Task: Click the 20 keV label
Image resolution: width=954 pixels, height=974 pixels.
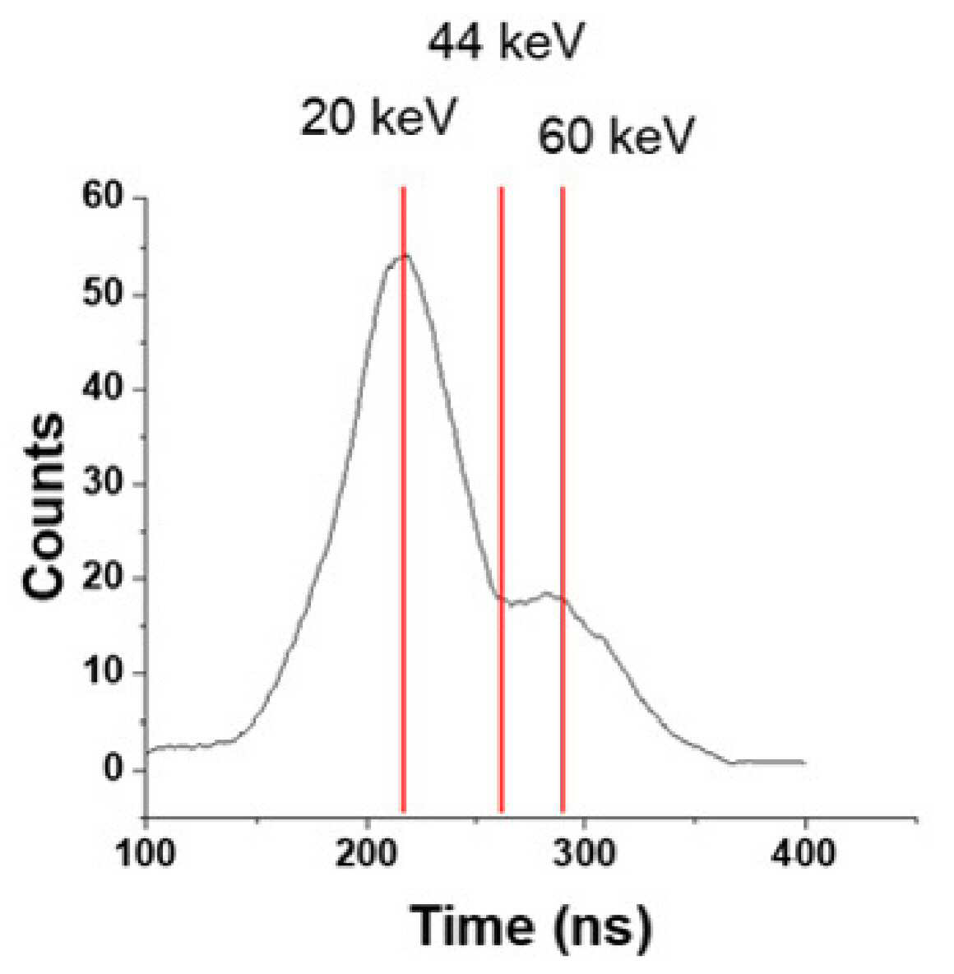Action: (378, 117)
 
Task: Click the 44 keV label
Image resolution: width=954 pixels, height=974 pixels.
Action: (507, 42)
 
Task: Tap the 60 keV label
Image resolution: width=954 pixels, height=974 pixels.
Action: (615, 136)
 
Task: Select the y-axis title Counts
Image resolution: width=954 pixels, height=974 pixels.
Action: (44, 506)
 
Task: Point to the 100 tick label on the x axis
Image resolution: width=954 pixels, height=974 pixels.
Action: (146, 854)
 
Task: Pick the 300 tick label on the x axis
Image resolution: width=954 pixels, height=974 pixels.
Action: (585, 854)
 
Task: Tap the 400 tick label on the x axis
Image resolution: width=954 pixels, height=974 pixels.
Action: (803, 854)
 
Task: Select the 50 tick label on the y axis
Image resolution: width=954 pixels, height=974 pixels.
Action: (103, 294)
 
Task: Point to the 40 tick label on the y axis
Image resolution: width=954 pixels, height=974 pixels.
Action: (103, 389)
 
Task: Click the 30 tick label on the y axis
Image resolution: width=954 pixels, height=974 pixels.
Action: (103, 484)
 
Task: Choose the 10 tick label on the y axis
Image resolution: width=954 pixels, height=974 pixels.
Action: (103, 673)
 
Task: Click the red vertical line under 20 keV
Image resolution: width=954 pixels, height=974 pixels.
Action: (403, 499)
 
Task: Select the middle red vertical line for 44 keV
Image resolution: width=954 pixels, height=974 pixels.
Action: (502, 499)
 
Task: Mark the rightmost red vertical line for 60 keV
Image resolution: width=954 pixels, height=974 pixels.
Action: (563, 499)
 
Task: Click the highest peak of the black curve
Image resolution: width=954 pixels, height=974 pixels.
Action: (405, 255)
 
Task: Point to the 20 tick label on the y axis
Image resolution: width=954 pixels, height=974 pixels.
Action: (103, 578)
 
